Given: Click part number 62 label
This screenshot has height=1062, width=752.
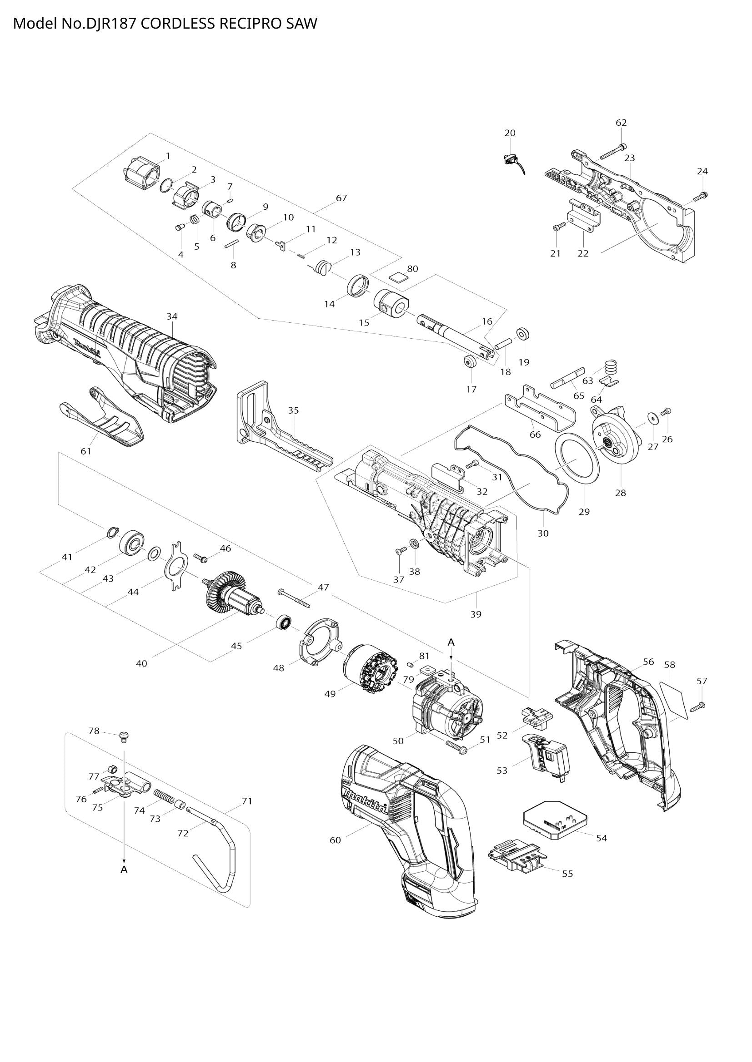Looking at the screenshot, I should tap(621, 123).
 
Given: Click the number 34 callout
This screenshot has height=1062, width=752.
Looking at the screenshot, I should tap(172, 316).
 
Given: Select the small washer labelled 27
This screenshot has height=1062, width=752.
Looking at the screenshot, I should tap(653, 418).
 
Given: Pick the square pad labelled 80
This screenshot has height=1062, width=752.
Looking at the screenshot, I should tap(398, 277).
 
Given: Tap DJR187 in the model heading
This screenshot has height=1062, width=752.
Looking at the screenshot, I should tap(110, 23).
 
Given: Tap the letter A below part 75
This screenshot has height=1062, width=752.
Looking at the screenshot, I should tap(124, 869).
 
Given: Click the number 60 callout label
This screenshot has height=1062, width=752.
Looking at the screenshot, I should tap(335, 840).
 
